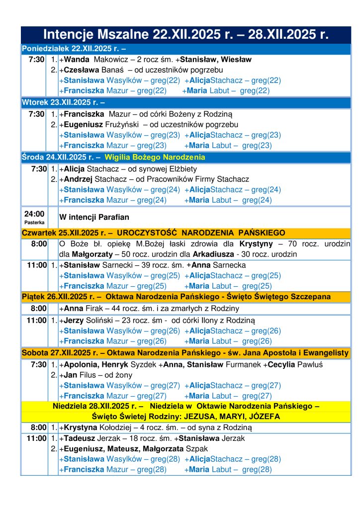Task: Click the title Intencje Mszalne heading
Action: point(186,35)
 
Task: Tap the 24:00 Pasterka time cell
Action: point(34,217)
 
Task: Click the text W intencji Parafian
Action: point(91,217)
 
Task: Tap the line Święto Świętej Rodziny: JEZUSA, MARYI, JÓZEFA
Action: point(186,417)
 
